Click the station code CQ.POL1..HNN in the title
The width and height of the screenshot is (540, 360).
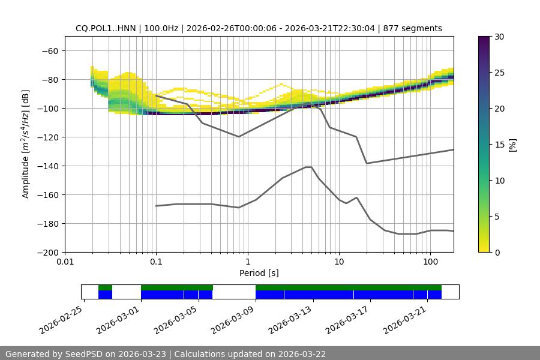point(106,28)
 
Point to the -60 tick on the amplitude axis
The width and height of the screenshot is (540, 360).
point(50,50)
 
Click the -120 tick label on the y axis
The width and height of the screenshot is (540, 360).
point(47,137)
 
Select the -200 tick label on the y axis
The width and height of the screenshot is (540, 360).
point(47,252)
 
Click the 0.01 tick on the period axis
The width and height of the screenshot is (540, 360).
point(65,262)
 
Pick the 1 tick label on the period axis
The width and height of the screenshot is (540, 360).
point(247,262)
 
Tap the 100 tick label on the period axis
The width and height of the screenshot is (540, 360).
point(430,262)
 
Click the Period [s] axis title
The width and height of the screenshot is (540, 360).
point(259,273)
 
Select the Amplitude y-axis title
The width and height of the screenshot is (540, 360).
point(25,144)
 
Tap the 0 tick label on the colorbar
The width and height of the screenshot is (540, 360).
point(497,252)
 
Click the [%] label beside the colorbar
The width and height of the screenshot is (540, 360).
point(512,145)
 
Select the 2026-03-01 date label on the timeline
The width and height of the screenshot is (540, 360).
point(118,318)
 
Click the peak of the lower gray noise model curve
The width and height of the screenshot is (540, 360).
point(308,167)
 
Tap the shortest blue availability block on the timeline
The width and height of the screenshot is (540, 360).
point(105,295)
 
